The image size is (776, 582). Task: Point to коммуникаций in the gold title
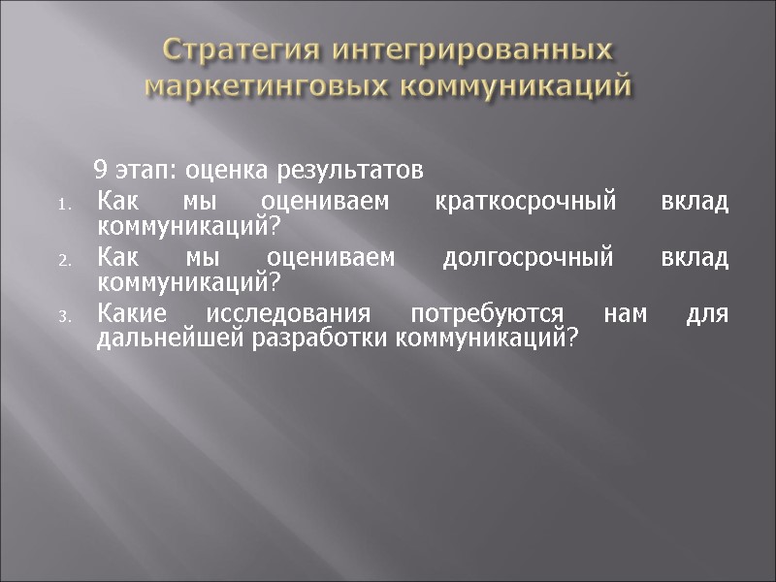pos(516,85)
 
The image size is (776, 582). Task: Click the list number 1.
pos(62,206)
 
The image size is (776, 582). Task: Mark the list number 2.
pos(62,262)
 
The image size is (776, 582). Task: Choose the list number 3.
pos(62,318)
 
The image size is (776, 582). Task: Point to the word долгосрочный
pos(529,259)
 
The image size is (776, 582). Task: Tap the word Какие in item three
pos(133,315)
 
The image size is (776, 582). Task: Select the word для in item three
pos(708,315)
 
